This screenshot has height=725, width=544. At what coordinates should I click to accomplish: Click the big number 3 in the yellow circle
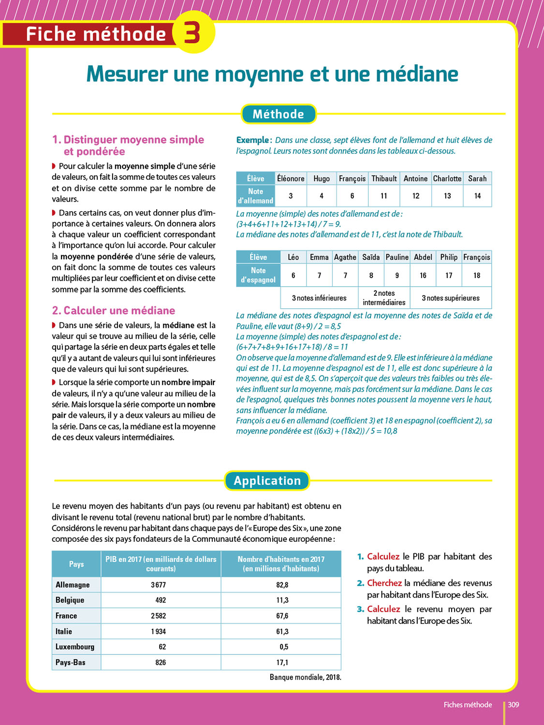[192, 33]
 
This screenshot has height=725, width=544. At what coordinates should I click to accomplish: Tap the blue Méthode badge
[279, 114]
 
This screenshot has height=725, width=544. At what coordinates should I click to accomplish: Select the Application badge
[267, 480]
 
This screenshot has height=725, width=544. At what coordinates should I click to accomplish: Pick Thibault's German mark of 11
[384, 196]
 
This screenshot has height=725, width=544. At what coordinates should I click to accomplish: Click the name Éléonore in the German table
[291, 178]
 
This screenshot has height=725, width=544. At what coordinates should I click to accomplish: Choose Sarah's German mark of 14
[477, 196]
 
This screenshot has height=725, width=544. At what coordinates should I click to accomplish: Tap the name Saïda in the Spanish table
[371, 257]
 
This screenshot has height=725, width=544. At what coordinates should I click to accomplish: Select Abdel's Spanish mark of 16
[423, 275]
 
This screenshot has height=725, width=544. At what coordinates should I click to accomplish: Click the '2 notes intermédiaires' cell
[384, 298]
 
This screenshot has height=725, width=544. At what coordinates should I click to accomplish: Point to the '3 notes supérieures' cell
[451, 298]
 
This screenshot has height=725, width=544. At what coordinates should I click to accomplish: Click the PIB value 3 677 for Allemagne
[158, 585]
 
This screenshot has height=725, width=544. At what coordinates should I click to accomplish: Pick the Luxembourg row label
[75, 647]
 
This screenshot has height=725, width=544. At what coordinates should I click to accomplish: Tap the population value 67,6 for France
[282, 616]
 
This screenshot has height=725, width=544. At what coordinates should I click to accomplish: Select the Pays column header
[76, 564]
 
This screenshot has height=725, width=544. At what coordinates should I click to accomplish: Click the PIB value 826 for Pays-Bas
[161, 662]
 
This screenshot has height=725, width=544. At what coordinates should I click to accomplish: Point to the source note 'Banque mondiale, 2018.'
[305, 677]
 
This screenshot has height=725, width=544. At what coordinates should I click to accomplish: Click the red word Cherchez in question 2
[384, 583]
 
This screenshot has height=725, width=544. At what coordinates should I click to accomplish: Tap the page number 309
[513, 705]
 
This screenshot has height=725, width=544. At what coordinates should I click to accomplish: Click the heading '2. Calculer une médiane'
[114, 310]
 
